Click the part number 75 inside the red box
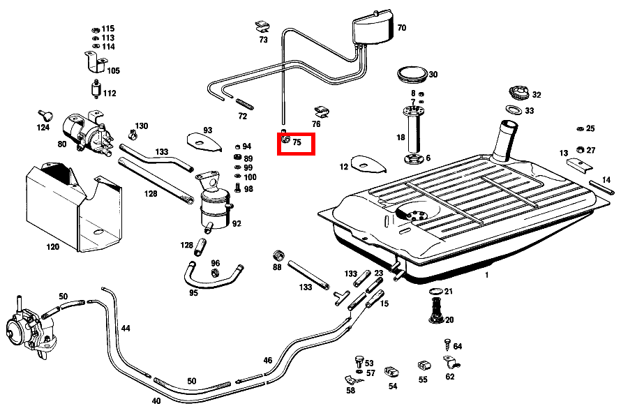[297, 143]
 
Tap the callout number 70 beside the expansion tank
[401, 29]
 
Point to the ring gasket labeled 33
[513, 110]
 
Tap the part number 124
[43, 128]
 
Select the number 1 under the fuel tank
[487, 276]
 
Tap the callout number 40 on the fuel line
[156, 401]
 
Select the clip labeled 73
[262, 27]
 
